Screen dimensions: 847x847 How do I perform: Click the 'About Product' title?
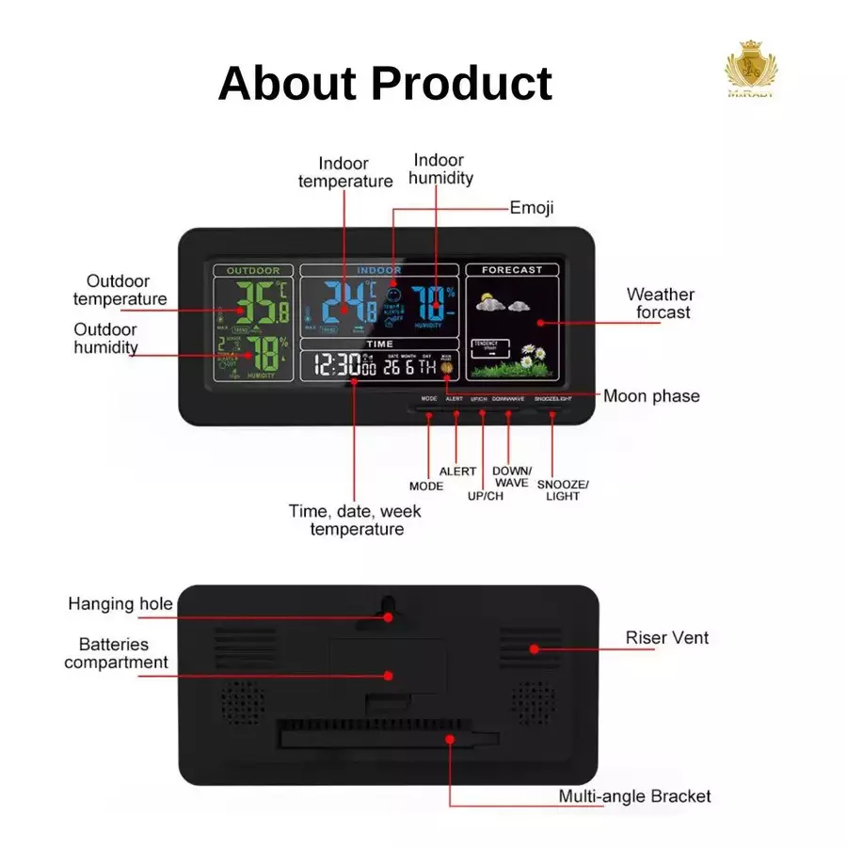pos(385,83)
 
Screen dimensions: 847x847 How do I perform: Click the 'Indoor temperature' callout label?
pos(344,172)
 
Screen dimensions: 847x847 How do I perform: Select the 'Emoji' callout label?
pos(532,207)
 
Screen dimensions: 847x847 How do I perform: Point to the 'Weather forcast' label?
pos(660,304)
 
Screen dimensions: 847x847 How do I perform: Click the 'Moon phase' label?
pos(651,396)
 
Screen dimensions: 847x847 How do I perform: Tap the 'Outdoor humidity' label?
pos(105,339)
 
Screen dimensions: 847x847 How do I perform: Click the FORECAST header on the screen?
pos(511,270)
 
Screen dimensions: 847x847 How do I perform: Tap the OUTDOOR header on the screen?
pos(253,271)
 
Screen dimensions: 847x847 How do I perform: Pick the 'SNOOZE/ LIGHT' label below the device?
pos(563,489)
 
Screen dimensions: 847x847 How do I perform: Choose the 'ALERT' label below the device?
pos(457,471)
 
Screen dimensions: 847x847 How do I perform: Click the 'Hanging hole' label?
pos(120,604)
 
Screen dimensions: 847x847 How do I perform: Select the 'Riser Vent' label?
pos(667,638)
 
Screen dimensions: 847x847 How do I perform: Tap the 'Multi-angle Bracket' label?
pos(634,797)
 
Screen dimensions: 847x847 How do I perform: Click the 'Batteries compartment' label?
pos(115,653)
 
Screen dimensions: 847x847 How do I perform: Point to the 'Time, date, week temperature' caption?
pos(356,520)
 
